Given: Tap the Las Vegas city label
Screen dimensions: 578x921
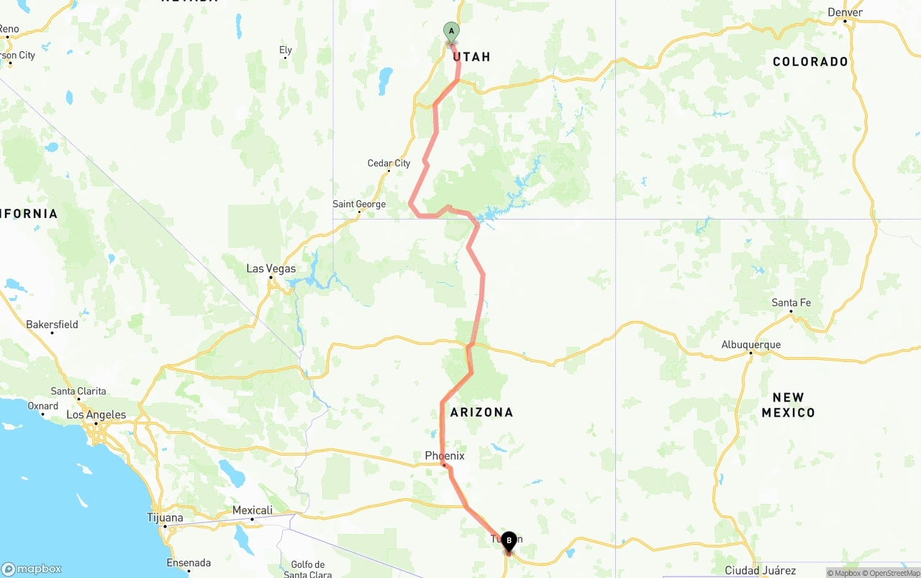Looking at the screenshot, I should pyautogui.click(x=271, y=268).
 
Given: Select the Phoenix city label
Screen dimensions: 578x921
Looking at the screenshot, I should pyautogui.click(x=445, y=456).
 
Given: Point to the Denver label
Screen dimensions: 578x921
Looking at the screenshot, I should pyautogui.click(x=845, y=12).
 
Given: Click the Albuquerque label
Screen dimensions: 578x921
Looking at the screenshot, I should pyautogui.click(x=751, y=345).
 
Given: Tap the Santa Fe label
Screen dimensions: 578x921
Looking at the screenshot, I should pyautogui.click(x=791, y=302).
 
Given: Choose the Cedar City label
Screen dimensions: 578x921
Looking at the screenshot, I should pyautogui.click(x=389, y=163).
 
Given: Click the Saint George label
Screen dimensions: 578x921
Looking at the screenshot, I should pyautogui.click(x=359, y=204).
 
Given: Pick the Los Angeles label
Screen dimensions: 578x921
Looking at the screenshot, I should pyautogui.click(x=96, y=415).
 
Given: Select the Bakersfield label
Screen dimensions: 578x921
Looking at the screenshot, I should pyautogui.click(x=52, y=325).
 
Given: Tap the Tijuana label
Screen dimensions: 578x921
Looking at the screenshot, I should pyautogui.click(x=165, y=518).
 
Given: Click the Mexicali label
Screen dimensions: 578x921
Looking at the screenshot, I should pyautogui.click(x=253, y=510).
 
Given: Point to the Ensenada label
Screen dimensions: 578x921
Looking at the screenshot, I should pyautogui.click(x=188, y=563).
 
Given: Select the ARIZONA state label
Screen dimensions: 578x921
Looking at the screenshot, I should pyautogui.click(x=481, y=412).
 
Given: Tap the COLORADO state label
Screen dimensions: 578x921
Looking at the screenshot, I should pyautogui.click(x=810, y=62).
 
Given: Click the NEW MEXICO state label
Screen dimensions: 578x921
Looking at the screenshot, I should pyautogui.click(x=788, y=405).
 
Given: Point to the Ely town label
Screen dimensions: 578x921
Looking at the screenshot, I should pyautogui.click(x=286, y=50).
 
